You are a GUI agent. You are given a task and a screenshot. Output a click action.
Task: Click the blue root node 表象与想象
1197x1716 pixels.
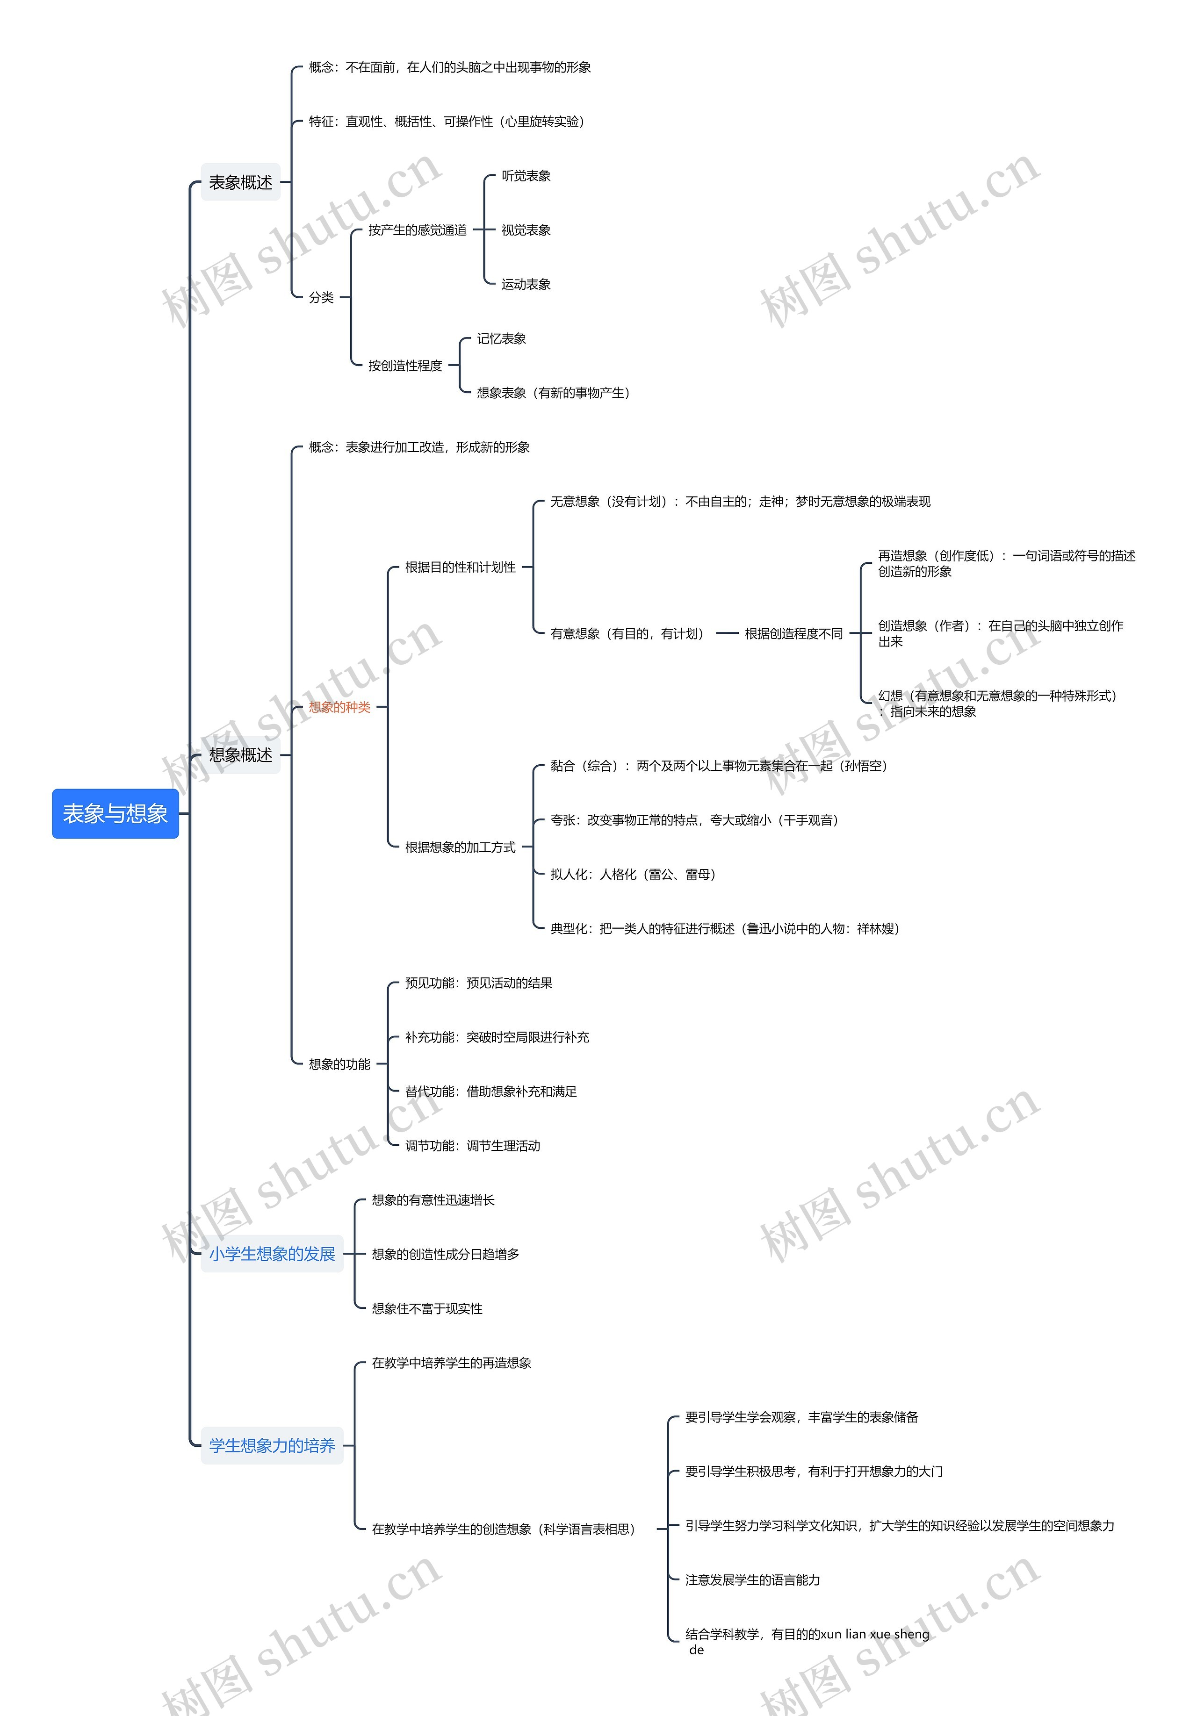click(115, 813)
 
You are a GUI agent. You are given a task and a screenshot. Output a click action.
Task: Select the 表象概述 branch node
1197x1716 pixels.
click(240, 182)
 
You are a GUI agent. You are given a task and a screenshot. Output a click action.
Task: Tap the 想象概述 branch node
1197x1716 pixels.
click(240, 755)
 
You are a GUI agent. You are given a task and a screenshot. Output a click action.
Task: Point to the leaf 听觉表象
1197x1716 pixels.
click(526, 176)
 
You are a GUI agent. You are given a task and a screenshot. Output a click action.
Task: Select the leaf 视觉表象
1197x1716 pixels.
click(526, 230)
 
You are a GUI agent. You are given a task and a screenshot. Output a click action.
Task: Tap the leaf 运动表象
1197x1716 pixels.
click(526, 284)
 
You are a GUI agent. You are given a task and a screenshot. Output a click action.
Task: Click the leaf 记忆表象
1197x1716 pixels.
click(501, 338)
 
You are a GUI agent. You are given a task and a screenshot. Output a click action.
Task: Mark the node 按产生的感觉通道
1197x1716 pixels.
click(417, 230)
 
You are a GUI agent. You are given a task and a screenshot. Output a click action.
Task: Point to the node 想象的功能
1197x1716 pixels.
click(339, 1063)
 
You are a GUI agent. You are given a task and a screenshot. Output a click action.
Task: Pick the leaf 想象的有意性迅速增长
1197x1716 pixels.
click(433, 1199)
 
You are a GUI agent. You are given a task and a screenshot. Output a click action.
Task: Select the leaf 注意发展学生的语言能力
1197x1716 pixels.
click(752, 1579)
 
